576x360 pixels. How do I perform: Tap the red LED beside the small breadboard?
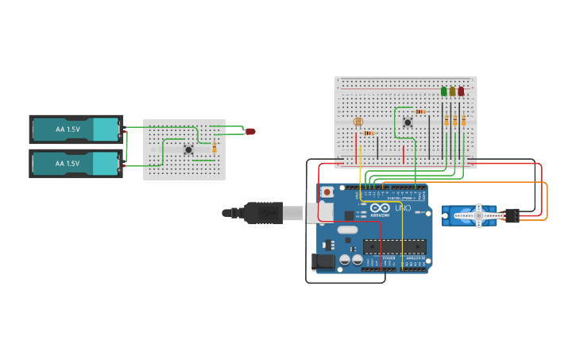coord(250,131)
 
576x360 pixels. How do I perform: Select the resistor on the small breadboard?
coord(214,146)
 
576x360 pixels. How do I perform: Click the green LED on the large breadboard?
coord(444,91)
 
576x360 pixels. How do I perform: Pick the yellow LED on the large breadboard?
coord(452,91)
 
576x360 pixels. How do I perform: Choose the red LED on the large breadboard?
coord(461,91)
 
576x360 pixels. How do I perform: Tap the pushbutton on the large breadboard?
coord(408,122)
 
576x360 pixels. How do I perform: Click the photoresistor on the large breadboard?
coord(358,122)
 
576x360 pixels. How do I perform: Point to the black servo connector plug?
coord(512,215)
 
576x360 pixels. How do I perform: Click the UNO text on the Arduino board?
coord(403,207)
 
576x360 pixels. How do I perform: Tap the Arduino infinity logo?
coord(379,207)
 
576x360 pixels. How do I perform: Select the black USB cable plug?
coord(263,212)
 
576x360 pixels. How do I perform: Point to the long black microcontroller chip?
coord(394,246)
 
